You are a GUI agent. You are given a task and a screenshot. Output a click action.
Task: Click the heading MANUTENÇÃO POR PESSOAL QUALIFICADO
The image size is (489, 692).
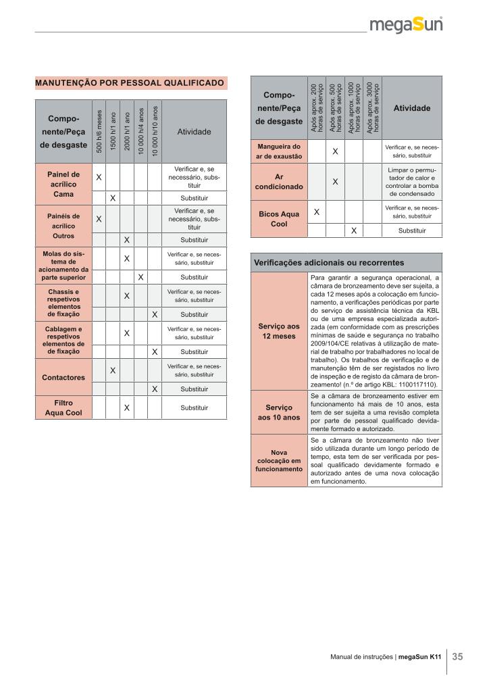(x=130, y=83)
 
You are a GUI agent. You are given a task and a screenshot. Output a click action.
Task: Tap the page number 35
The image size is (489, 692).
(x=457, y=656)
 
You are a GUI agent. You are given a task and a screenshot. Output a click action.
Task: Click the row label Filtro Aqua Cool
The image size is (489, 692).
(x=63, y=407)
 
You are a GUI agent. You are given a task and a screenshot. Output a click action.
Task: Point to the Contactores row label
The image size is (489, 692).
(x=63, y=376)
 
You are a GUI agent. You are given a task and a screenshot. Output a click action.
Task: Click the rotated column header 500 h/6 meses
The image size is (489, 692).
(x=99, y=132)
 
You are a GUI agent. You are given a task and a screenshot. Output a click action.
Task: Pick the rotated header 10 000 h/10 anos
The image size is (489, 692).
(x=154, y=132)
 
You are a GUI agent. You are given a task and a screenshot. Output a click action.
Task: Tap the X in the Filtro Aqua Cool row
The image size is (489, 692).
(x=126, y=407)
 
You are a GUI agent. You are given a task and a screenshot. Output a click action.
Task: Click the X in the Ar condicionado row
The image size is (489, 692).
(x=335, y=181)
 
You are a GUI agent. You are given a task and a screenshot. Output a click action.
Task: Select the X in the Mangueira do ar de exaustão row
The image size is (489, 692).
(x=335, y=151)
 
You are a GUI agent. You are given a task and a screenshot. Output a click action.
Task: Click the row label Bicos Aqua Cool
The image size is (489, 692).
(x=279, y=219)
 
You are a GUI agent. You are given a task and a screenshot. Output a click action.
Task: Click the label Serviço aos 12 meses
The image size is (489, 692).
(x=279, y=331)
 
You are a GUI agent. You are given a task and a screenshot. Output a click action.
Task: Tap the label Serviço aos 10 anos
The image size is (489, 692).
(x=279, y=412)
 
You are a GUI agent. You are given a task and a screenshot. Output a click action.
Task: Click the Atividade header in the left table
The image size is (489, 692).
(x=194, y=132)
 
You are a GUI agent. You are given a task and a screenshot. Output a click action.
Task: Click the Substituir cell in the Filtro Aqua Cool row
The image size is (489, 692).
(x=194, y=407)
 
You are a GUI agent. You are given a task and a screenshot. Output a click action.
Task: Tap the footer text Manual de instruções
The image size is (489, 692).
(x=362, y=656)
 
